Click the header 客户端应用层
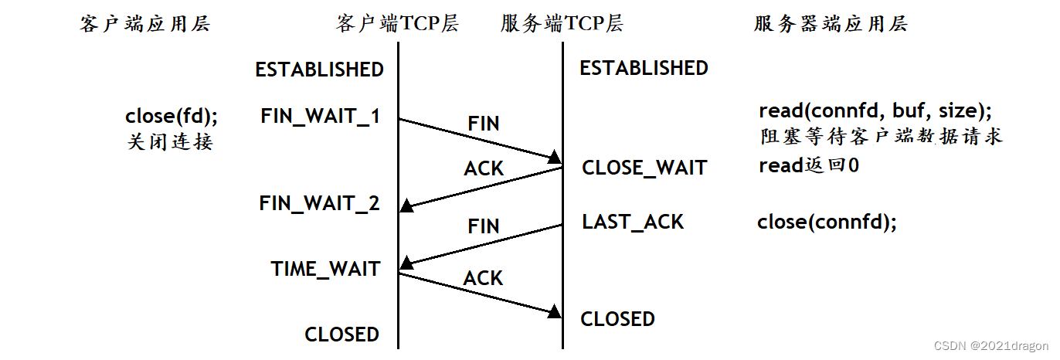[144, 24]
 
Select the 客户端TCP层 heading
[397, 24]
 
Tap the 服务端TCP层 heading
[562, 24]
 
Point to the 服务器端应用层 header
[831, 24]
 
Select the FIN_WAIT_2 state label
[320, 204]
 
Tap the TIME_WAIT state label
[325, 269]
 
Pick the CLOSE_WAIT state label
[644, 168]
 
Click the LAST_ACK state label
[633, 222]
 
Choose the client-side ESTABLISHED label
[319, 70]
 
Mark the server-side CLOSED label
[617, 319]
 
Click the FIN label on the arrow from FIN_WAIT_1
[484, 124]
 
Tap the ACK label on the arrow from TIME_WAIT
[484, 278]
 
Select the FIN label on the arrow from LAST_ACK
[484, 226]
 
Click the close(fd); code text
[172, 117]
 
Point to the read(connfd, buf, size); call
[875, 111]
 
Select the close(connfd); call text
[827, 222]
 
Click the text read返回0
[809, 165]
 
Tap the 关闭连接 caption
[169, 142]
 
